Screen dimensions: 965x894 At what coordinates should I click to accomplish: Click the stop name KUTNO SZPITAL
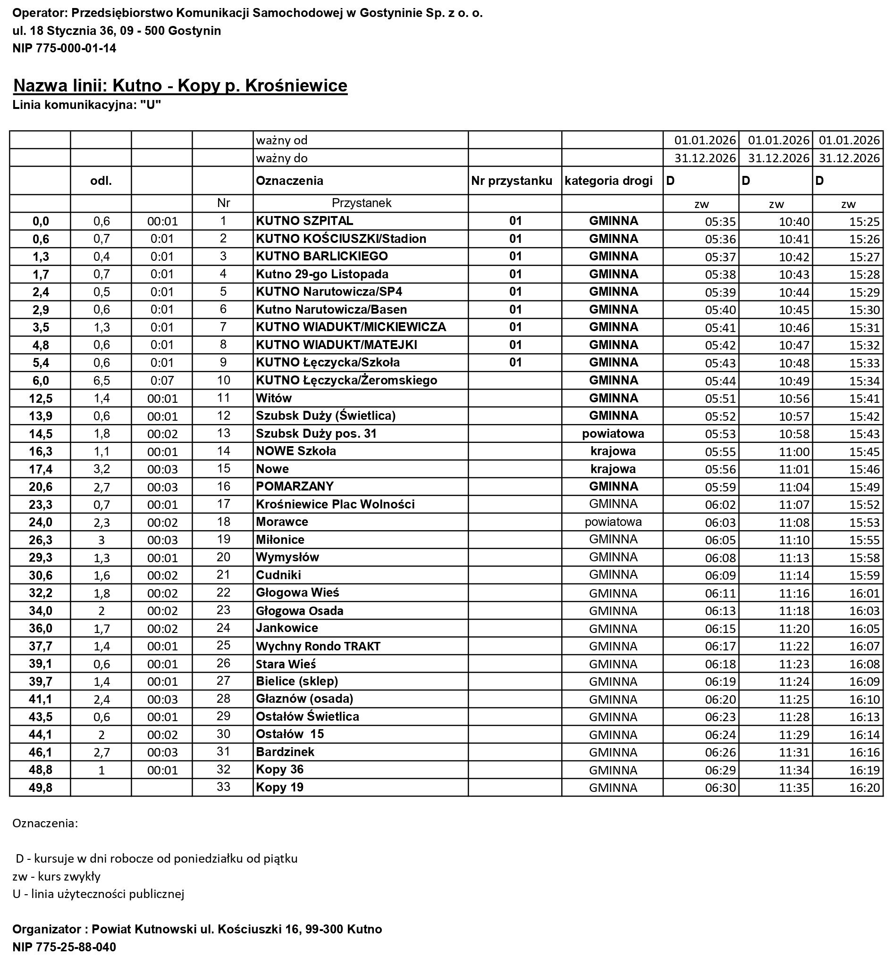[x=304, y=221]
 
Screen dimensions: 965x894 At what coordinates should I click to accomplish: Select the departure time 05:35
[x=720, y=222]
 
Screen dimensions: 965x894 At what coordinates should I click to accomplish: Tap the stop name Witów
[x=274, y=398]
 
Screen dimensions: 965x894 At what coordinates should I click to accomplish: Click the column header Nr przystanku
[x=511, y=181]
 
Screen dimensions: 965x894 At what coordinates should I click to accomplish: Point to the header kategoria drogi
[x=608, y=181]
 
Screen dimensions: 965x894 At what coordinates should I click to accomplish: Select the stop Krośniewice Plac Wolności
[x=335, y=504]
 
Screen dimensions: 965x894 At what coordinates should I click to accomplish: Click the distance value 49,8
[x=41, y=788]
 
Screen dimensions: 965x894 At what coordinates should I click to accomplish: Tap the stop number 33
[x=223, y=787]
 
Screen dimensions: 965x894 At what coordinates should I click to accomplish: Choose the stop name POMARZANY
[x=295, y=486]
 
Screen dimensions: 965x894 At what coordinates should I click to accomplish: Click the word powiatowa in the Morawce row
[x=613, y=522]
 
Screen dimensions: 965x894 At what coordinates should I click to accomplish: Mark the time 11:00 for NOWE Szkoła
[x=793, y=451]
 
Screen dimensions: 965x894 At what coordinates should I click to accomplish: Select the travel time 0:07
[x=161, y=381]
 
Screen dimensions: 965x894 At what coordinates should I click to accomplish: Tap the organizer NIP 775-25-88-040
[x=64, y=947]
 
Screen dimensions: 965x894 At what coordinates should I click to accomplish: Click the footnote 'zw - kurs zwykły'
[x=57, y=875]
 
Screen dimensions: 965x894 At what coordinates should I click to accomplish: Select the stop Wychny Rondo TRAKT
[x=318, y=646]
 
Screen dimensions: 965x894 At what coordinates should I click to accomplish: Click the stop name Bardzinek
[x=285, y=752]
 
